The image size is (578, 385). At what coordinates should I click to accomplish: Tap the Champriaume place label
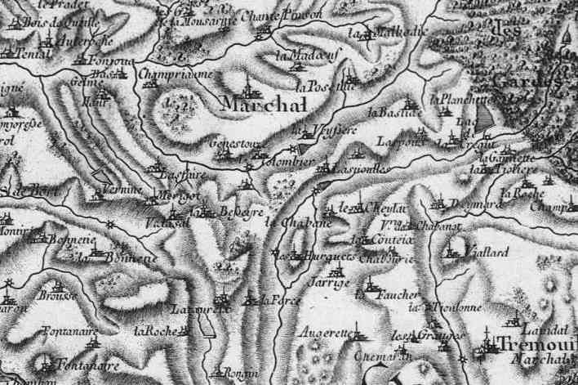[176, 74]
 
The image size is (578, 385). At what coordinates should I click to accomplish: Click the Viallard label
[486, 254]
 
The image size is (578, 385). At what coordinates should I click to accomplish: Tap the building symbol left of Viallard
[450, 253]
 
